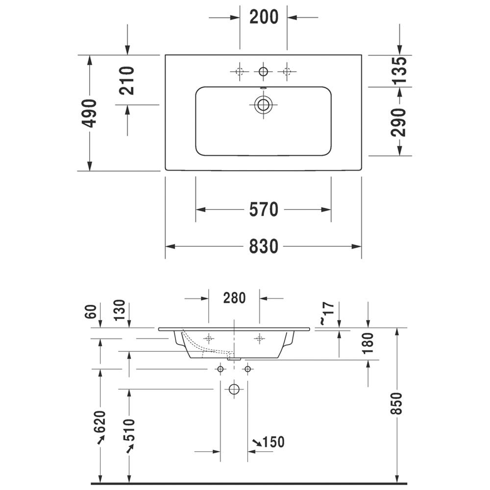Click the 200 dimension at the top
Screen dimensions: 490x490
(x=264, y=17)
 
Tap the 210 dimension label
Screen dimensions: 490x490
(x=127, y=81)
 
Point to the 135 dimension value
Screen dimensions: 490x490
(x=399, y=71)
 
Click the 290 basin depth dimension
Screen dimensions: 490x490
(x=398, y=122)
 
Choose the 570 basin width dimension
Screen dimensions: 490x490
(x=264, y=209)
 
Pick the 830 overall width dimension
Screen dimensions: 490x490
(x=264, y=246)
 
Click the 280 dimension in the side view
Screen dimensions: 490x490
(x=234, y=298)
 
